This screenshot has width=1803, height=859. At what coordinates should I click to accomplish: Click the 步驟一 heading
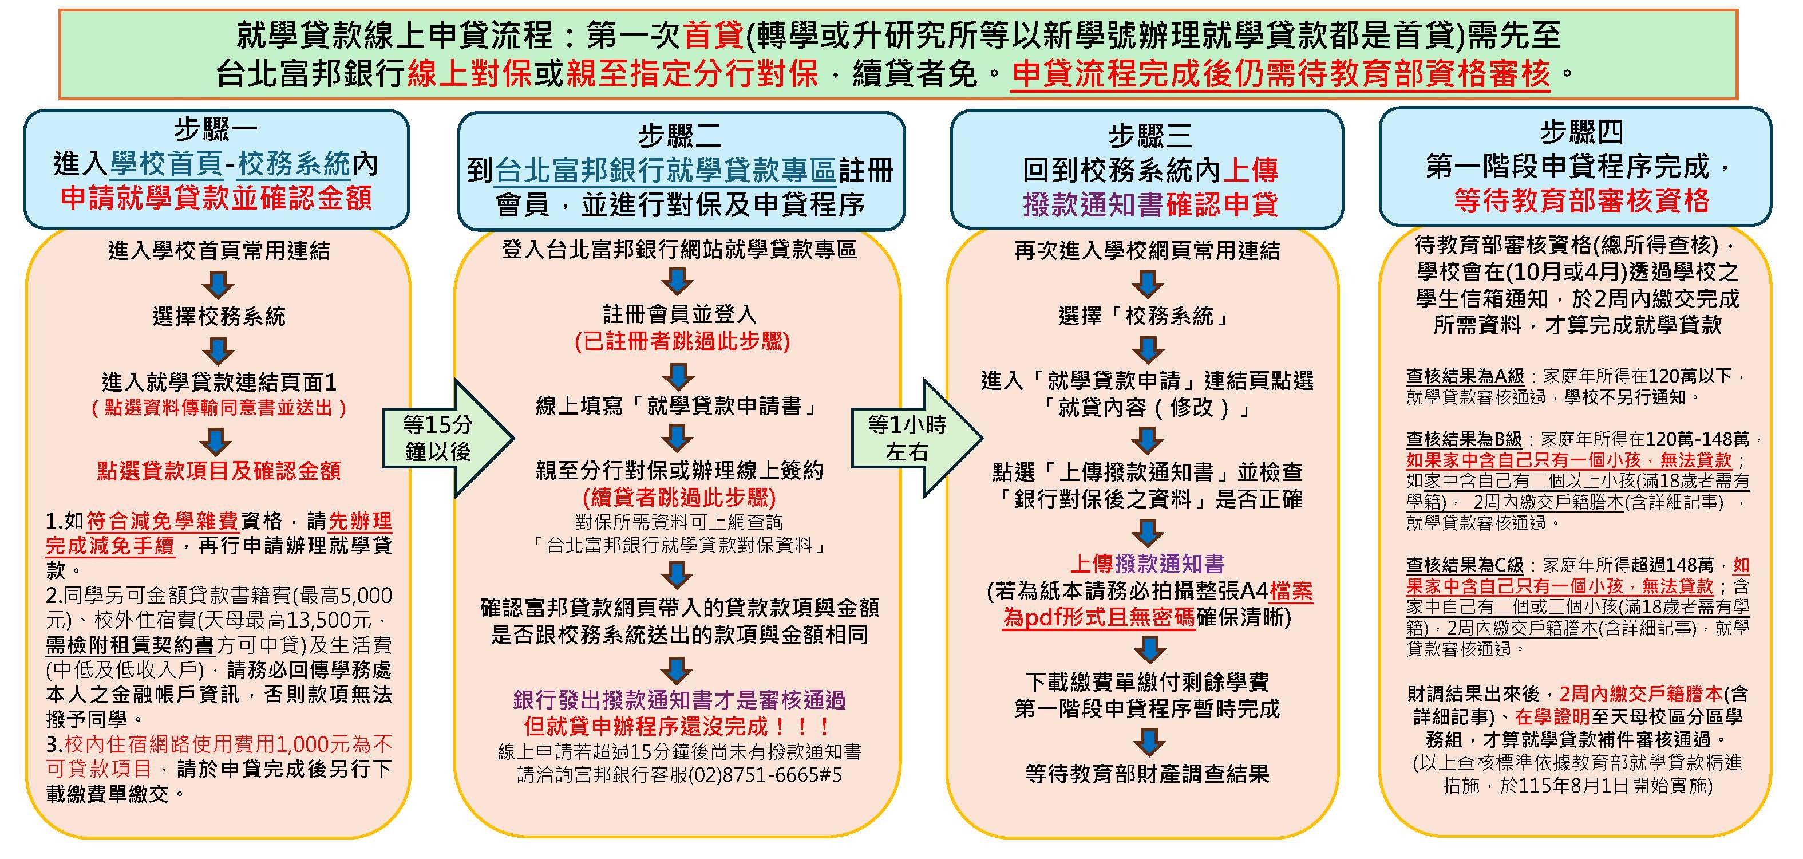click(x=216, y=129)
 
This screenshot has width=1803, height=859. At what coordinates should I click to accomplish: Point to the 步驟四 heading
click(x=1581, y=132)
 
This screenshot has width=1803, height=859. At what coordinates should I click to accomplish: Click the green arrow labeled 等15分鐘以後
click(x=448, y=438)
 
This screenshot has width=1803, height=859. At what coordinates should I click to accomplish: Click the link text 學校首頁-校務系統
click(x=230, y=164)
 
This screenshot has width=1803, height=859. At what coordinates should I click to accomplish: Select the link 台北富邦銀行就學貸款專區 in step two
click(x=666, y=171)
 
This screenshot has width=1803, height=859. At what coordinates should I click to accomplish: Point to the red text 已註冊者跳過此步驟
click(x=682, y=342)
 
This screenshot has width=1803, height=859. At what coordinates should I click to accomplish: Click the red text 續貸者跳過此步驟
click(x=679, y=498)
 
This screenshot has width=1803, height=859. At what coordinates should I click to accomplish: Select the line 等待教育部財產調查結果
click(x=1147, y=774)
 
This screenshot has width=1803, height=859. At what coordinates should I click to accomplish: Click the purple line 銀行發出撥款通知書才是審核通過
click(x=679, y=699)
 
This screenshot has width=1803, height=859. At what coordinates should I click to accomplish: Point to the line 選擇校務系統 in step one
click(x=219, y=317)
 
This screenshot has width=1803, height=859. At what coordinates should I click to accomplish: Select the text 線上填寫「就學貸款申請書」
click(x=676, y=405)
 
